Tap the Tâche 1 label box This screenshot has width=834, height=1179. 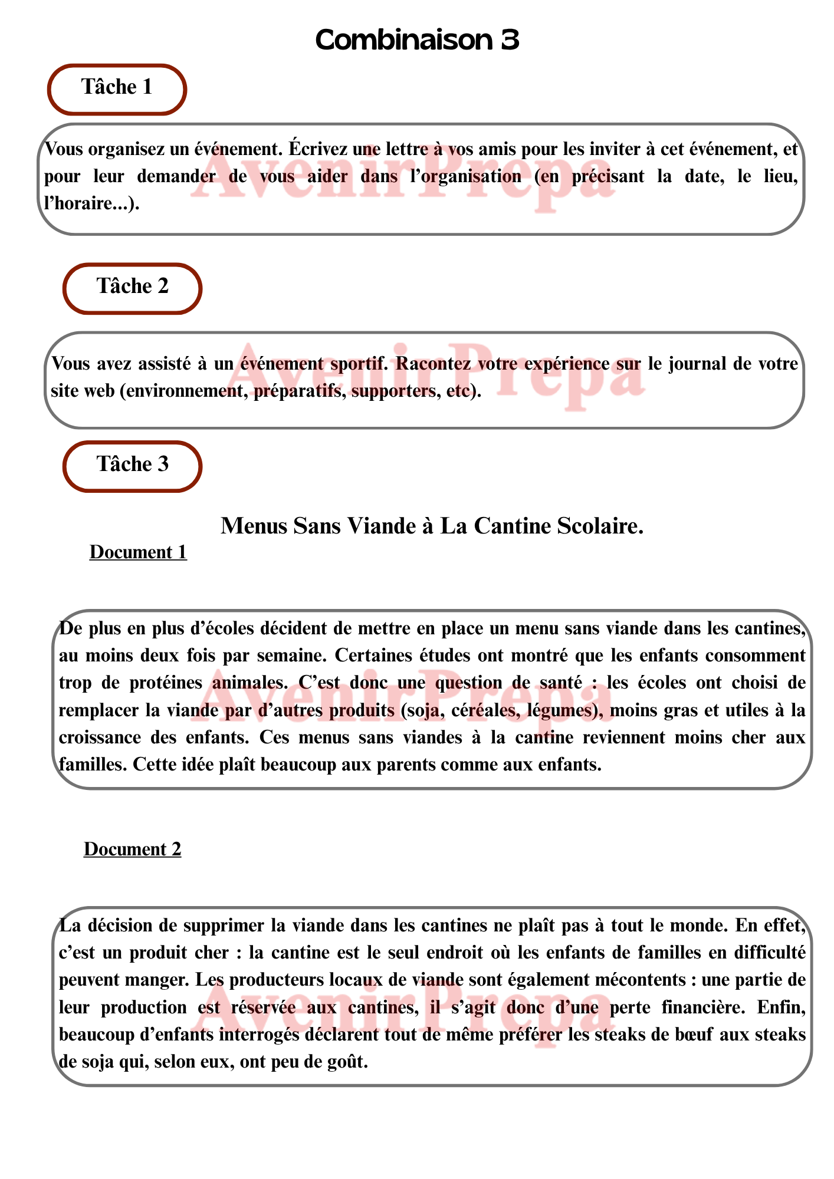117,89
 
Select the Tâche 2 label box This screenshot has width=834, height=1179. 133,288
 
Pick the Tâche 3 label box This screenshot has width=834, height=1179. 133,466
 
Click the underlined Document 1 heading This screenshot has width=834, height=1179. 138,552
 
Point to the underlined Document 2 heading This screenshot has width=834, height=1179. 132,849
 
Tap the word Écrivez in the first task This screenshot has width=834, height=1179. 316,149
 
